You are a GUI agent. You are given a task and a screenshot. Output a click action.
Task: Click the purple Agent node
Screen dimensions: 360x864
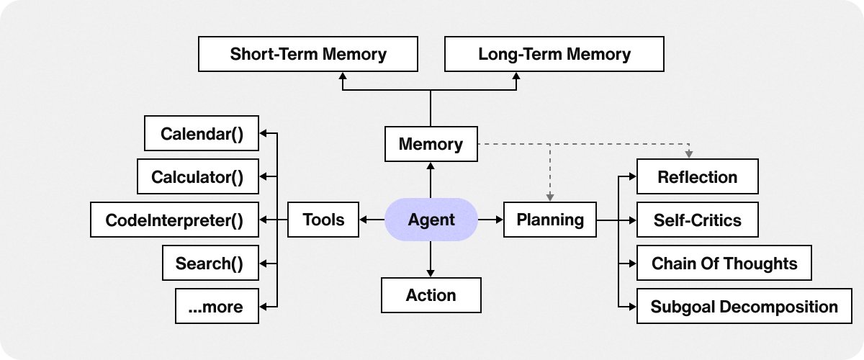[x=431, y=220]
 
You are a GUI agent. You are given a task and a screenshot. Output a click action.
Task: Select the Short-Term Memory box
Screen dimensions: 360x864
[x=308, y=54]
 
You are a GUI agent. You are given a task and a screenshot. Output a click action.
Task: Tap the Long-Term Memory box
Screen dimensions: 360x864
[x=554, y=54]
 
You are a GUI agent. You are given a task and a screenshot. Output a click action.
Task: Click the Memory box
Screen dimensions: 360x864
[x=431, y=144]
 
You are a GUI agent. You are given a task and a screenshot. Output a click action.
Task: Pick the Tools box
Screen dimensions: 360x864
[x=323, y=220]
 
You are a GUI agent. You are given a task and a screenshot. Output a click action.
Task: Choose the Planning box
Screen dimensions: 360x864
[x=550, y=220]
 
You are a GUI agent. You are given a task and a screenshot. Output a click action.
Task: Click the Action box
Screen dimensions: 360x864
[x=431, y=295]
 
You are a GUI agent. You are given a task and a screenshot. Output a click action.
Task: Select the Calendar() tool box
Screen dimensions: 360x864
[x=202, y=134]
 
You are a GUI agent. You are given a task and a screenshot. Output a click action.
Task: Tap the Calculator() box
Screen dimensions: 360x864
[x=197, y=176]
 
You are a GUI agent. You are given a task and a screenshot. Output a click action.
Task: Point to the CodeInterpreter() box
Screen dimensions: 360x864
[x=174, y=220]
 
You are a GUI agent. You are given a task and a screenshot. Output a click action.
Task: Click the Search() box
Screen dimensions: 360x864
[x=210, y=264]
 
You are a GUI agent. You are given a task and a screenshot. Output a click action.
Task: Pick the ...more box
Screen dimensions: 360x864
[x=215, y=307]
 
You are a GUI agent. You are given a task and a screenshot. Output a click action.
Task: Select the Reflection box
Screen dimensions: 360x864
[x=697, y=177]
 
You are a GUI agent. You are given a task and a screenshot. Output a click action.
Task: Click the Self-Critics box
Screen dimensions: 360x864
[x=697, y=220]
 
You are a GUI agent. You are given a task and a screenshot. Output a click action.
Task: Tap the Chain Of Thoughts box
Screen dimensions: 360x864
[x=724, y=263]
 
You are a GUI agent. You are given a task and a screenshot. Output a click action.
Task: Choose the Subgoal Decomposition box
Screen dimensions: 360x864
[x=744, y=307]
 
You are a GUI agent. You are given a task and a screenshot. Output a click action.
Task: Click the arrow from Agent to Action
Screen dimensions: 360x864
[x=431, y=259]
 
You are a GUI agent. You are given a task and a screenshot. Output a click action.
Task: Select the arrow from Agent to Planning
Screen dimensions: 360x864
[x=490, y=220]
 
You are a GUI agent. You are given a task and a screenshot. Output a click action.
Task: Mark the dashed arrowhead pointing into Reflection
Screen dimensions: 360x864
[x=689, y=155]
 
